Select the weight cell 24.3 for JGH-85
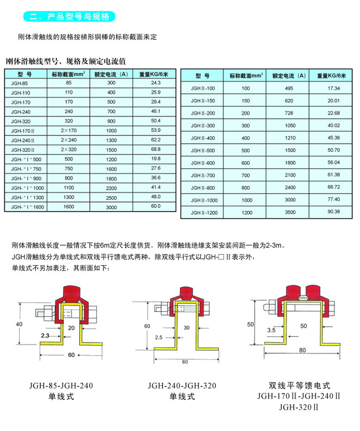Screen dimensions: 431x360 tap(156, 83)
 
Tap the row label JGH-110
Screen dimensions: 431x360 tap(19, 93)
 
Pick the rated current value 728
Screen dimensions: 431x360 tap(288, 113)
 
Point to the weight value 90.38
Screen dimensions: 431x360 tap(333, 212)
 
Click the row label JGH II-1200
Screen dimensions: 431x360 tap(204, 212)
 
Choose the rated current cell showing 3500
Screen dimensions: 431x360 tap(288, 212)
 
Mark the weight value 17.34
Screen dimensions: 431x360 tap(333, 88)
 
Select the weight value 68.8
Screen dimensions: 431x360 tap(156, 149)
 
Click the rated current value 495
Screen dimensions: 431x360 tap(288, 88)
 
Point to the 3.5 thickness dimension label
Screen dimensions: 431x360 tap(270, 329)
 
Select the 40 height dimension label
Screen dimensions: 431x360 tap(19, 324)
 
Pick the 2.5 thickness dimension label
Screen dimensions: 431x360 tap(158, 337)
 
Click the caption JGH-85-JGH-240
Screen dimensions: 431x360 tap(61, 386)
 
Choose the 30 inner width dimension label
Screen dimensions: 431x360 tap(186, 328)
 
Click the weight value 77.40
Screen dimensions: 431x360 tap(333, 200)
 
